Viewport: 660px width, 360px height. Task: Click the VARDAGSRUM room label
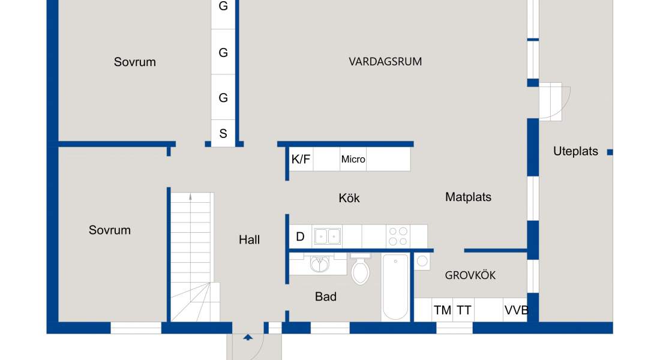pyautogui.click(x=385, y=61)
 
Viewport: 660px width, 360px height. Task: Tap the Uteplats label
pyautogui.click(x=575, y=151)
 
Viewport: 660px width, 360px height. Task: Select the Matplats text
pyautogui.click(x=468, y=197)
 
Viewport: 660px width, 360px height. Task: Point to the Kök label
pyautogui.click(x=349, y=198)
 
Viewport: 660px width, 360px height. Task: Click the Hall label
pyautogui.click(x=249, y=239)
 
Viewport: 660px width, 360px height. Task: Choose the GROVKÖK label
pyautogui.click(x=470, y=275)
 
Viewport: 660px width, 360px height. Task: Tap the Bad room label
pyautogui.click(x=325, y=296)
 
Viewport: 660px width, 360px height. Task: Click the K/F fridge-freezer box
pyautogui.click(x=301, y=159)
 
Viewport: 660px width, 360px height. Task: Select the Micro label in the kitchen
pyautogui.click(x=353, y=159)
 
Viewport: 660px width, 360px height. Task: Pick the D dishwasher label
pyautogui.click(x=300, y=236)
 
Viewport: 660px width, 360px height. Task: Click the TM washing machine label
pyautogui.click(x=442, y=310)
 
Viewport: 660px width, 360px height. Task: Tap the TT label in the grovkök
pyautogui.click(x=464, y=310)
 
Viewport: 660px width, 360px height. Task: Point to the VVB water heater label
pyautogui.click(x=516, y=310)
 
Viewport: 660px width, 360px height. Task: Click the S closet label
pyautogui.click(x=223, y=133)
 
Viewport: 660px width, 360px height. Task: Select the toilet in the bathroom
pyautogui.click(x=361, y=269)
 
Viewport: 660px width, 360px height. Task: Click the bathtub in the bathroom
pyautogui.click(x=395, y=287)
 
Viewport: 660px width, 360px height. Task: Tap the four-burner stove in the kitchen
pyautogui.click(x=398, y=236)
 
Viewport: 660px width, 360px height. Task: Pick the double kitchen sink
pyautogui.click(x=327, y=236)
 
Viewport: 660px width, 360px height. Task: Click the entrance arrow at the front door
pyautogui.click(x=248, y=337)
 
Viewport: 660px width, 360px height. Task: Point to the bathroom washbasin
pyautogui.click(x=319, y=265)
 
